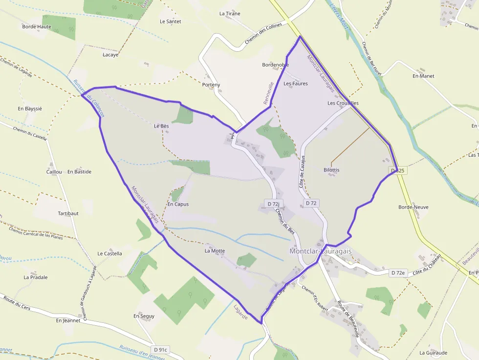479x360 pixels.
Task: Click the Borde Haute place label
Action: coord(37,26)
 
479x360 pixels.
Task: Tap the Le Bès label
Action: coord(161,126)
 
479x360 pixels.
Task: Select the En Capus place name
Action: coord(178,204)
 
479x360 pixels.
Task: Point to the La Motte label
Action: coord(215,251)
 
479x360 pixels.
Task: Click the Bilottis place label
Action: coord(331,170)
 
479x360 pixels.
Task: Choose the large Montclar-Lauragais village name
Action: coord(321,251)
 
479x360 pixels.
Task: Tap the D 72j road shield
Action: coord(274,203)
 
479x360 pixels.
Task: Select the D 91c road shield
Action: coord(161,350)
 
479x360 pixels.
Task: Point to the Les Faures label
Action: coord(296,84)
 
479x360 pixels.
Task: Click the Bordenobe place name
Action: coord(276,64)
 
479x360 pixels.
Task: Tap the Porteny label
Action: coord(211,85)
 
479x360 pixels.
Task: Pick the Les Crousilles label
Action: coord(343,104)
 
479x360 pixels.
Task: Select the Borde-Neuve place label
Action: coord(414,207)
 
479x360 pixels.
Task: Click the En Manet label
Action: coord(423,76)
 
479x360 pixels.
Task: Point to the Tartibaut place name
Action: coord(68,213)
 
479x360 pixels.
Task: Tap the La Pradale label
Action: coord(36,277)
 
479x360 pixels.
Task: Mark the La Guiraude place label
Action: coord(434,352)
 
